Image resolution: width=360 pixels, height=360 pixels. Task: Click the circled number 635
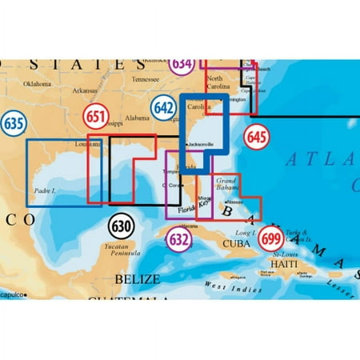(11, 124)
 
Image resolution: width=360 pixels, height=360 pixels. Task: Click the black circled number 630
(121, 226)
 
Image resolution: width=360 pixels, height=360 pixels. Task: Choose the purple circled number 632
(178, 238)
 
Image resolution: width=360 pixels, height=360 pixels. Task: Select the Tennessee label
(145, 79)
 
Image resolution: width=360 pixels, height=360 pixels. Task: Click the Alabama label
(138, 117)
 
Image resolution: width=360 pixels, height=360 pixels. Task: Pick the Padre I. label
(46, 190)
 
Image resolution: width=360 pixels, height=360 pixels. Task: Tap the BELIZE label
(138, 279)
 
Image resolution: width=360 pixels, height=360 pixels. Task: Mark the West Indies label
(226, 286)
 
